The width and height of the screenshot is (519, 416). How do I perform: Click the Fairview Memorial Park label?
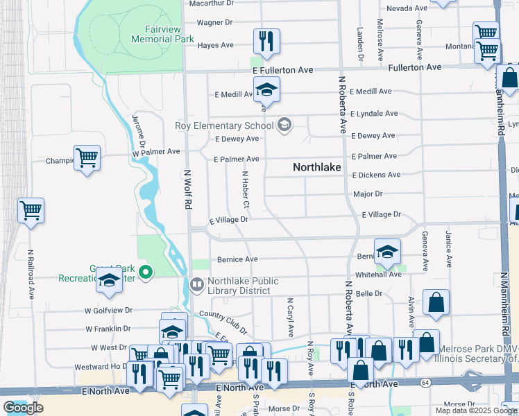160,35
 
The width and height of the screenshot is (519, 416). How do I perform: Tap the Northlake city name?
319,167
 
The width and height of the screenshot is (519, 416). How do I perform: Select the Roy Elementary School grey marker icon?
283,125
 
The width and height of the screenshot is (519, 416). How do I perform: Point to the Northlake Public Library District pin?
197,285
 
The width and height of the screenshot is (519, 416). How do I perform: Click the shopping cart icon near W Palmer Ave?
87,158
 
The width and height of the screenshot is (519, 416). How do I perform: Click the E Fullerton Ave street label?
282,71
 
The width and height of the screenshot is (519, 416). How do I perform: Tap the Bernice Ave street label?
237,259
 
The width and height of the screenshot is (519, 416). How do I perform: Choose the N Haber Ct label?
245,189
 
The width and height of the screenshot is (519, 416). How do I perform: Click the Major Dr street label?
368,195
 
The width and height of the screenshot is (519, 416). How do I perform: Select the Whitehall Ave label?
378,275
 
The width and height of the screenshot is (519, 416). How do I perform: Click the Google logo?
23,408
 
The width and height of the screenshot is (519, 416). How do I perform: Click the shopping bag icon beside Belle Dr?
436,302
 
